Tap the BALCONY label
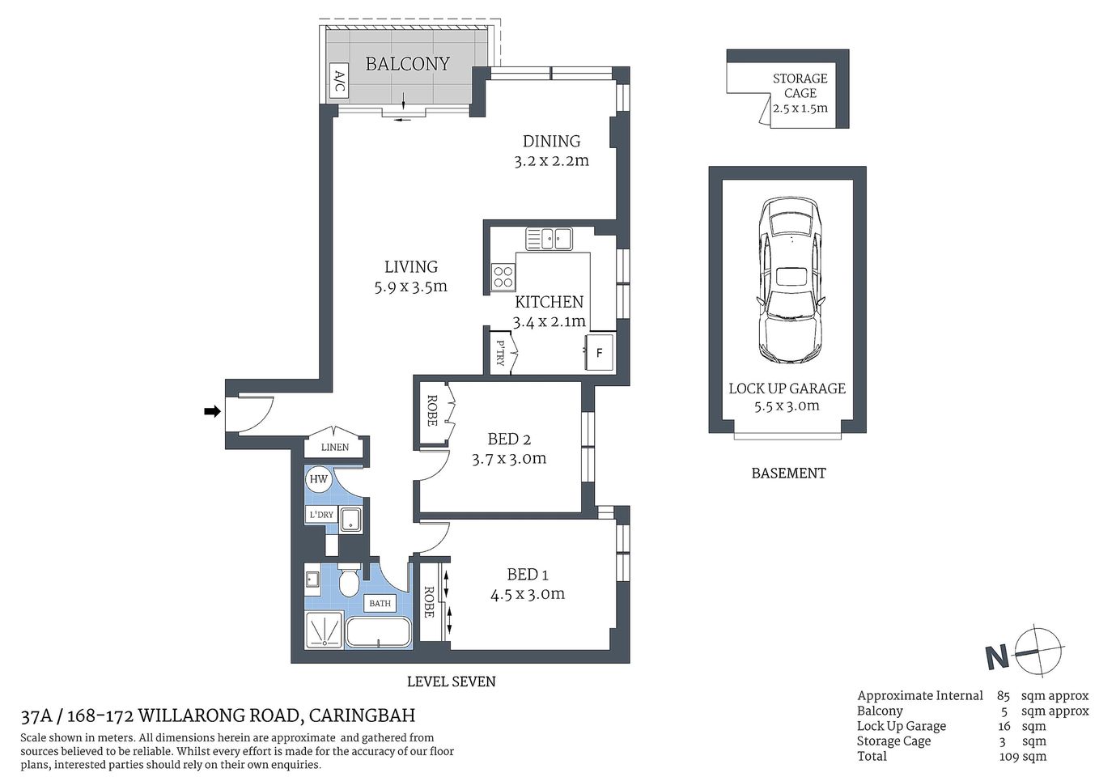pos(407,64)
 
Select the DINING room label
pos(551,141)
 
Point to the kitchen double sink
pos(549,237)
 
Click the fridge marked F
pos(599,353)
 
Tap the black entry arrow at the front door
pos(212,412)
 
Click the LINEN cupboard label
pos(335,447)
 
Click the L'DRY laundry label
pos(320,515)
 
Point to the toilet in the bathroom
pos(350,580)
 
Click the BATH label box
pos(380,603)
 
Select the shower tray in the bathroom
pos(324,630)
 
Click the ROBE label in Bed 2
pos(432,410)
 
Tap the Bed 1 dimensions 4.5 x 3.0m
pos(527,594)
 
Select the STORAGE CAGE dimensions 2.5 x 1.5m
pos(800,108)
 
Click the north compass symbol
pos(1037,652)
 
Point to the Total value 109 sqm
pos(1023,756)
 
